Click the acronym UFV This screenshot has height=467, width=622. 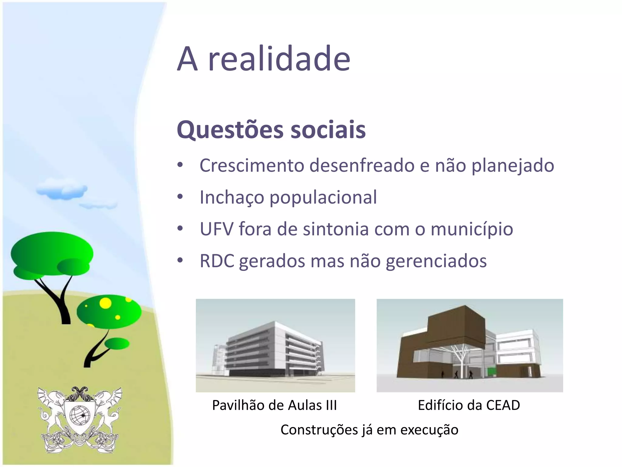click(x=217, y=229)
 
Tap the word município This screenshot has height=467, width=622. click(x=472, y=230)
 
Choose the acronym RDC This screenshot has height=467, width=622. click(x=217, y=261)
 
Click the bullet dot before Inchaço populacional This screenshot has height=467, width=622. click(x=180, y=197)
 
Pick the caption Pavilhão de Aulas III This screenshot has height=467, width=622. click(x=274, y=405)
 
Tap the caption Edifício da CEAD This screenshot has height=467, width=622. click(x=469, y=405)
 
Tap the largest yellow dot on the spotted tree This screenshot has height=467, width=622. click(x=105, y=303)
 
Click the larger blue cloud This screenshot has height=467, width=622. click(x=62, y=190)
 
